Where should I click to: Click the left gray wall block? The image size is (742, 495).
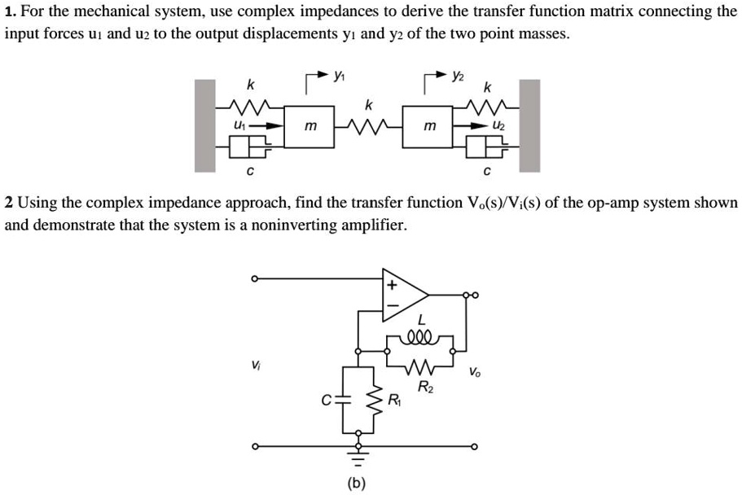pos(204,125)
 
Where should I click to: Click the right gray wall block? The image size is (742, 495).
pos(529,125)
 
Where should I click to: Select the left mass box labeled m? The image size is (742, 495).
pos(310,127)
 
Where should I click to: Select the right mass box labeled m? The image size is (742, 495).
pos(429,127)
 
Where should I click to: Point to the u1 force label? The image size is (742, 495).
pos(239,125)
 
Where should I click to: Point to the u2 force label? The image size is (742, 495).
pos(498,126)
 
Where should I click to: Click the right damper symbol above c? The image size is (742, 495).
pos(486,147)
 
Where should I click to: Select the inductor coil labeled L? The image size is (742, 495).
pos(419,334)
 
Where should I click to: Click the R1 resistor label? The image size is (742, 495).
pos(395,400)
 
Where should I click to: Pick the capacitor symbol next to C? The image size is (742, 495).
pos(343,400)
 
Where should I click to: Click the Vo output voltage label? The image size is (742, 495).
pos(475,373)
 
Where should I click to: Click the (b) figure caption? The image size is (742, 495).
pos(356,483)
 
